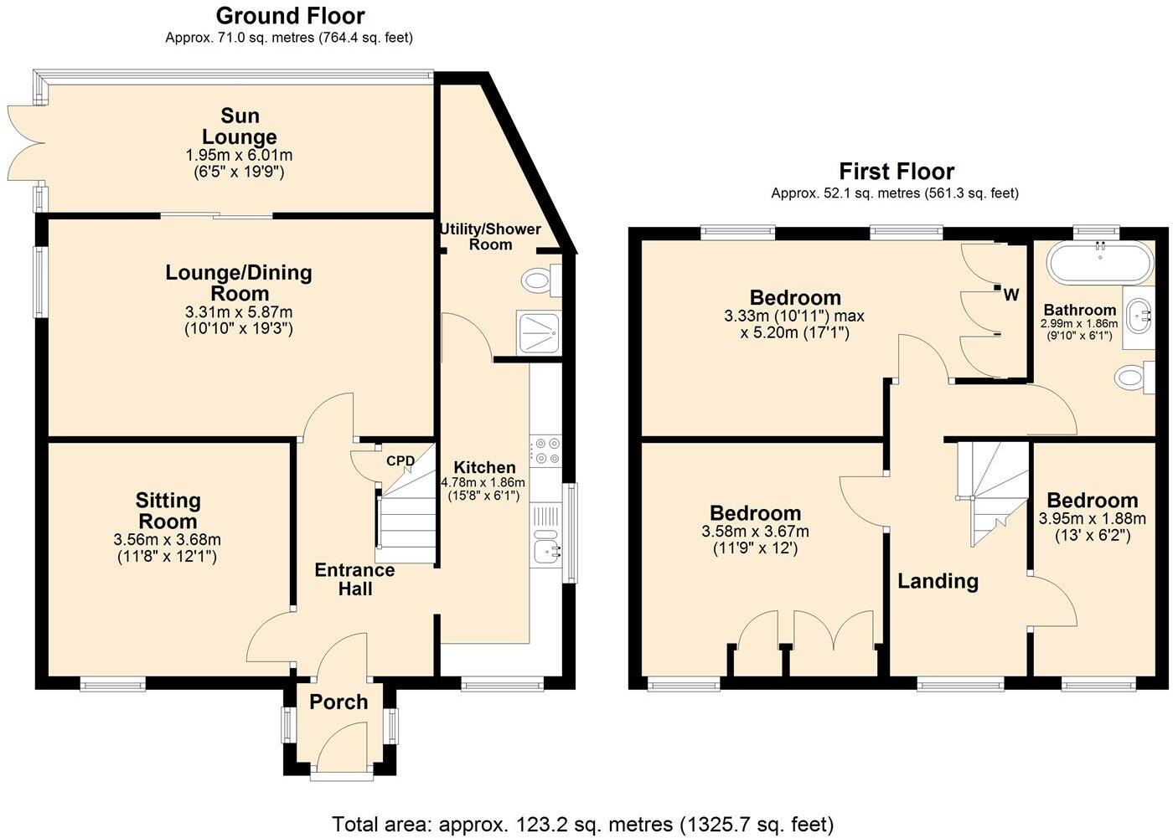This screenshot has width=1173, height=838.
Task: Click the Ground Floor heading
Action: [x=290, y=16]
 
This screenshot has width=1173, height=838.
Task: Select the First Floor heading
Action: [x=897, y=172]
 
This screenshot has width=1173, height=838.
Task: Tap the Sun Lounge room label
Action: [x=240, y=126]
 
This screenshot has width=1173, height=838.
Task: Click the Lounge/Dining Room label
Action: [x=239, y=283]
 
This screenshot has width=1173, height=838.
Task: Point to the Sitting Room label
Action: [x=168, y=511]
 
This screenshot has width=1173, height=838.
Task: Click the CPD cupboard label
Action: [x=400, y=461]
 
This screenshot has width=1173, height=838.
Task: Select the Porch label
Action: [x=338, y=702]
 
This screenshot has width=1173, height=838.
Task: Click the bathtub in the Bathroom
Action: [x=1099, y=262]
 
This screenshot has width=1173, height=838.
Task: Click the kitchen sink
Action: [x=547, y=545]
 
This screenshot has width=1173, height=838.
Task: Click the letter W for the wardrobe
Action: [x=1011, y=295]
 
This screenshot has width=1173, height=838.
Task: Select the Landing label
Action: [x=938, y=581]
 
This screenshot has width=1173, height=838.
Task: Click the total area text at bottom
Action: [x=583, y=824]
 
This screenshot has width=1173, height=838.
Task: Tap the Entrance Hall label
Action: [x=354, y=579]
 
